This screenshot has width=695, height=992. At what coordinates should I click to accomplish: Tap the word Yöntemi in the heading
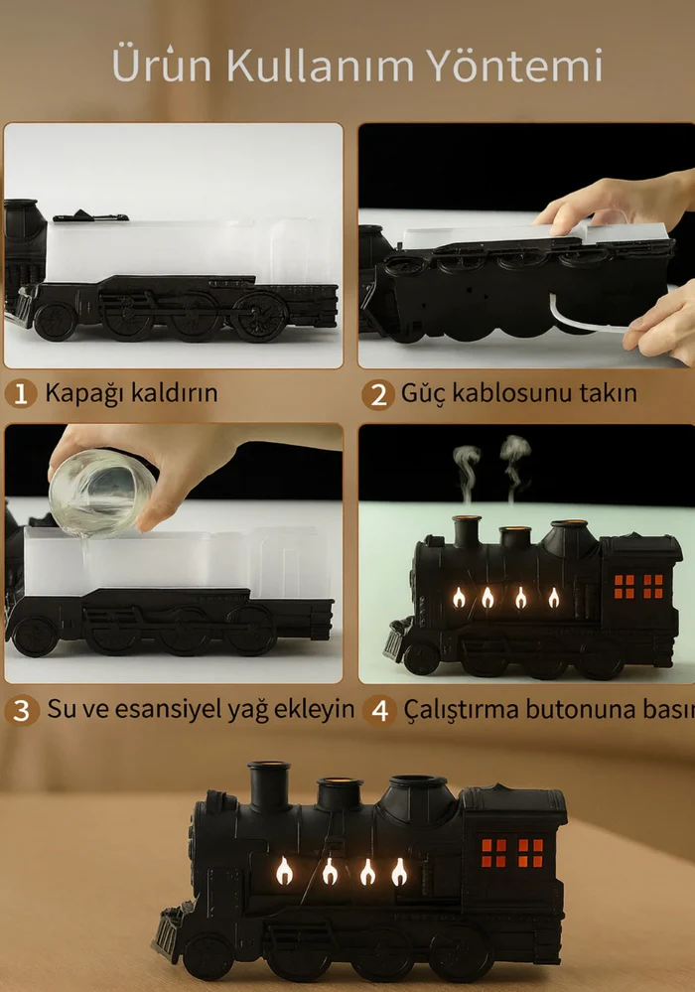point(513,66)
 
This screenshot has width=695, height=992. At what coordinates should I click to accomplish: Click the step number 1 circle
point(20,393)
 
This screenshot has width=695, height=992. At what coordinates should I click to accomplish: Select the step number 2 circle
point(378,394)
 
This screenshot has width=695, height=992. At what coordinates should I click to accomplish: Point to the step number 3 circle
point(22,710)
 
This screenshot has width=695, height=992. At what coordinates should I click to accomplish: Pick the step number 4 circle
point(379,710)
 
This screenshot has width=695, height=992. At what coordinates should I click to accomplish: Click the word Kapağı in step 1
point(84,394)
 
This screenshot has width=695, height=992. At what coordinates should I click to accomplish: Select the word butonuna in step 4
point(581,709)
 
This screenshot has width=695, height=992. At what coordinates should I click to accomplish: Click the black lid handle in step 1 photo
point(90,216)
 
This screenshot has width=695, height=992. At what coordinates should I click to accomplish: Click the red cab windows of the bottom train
point(512,852)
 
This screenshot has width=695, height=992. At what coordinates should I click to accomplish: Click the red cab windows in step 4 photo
point(638,587)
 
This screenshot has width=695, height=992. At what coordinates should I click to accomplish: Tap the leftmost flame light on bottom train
point(284,871)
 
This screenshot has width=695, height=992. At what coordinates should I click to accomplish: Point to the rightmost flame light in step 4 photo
point(553,597)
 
